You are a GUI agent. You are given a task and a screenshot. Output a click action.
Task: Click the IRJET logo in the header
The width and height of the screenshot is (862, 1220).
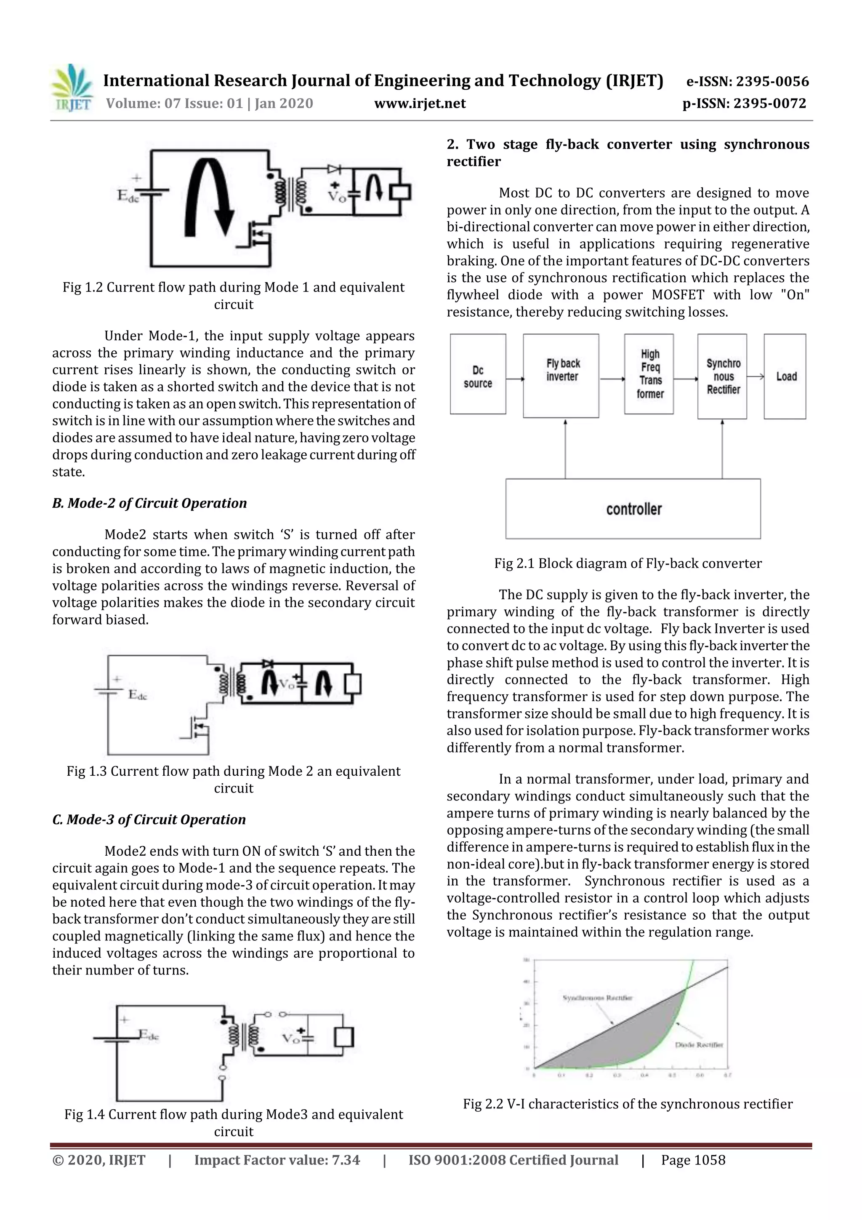[71, 88]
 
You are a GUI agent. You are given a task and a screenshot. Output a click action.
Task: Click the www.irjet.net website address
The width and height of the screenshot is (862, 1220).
[420, 103]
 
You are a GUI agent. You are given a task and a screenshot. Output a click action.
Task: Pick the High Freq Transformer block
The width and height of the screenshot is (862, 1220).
[649, 374]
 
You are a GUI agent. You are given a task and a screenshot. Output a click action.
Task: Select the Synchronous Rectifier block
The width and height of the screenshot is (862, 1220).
[722, 376]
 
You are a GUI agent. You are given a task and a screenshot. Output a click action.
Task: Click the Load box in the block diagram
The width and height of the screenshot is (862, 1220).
[785, 376]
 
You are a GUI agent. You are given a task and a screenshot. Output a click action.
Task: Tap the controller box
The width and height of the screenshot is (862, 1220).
[633, 509]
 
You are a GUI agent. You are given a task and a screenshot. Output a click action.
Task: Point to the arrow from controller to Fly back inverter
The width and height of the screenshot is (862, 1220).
[565, 449]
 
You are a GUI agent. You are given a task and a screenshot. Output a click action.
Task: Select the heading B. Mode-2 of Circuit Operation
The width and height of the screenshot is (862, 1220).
[149, 503]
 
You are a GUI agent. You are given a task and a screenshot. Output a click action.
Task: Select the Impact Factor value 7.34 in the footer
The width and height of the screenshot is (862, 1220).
[277, 1175]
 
